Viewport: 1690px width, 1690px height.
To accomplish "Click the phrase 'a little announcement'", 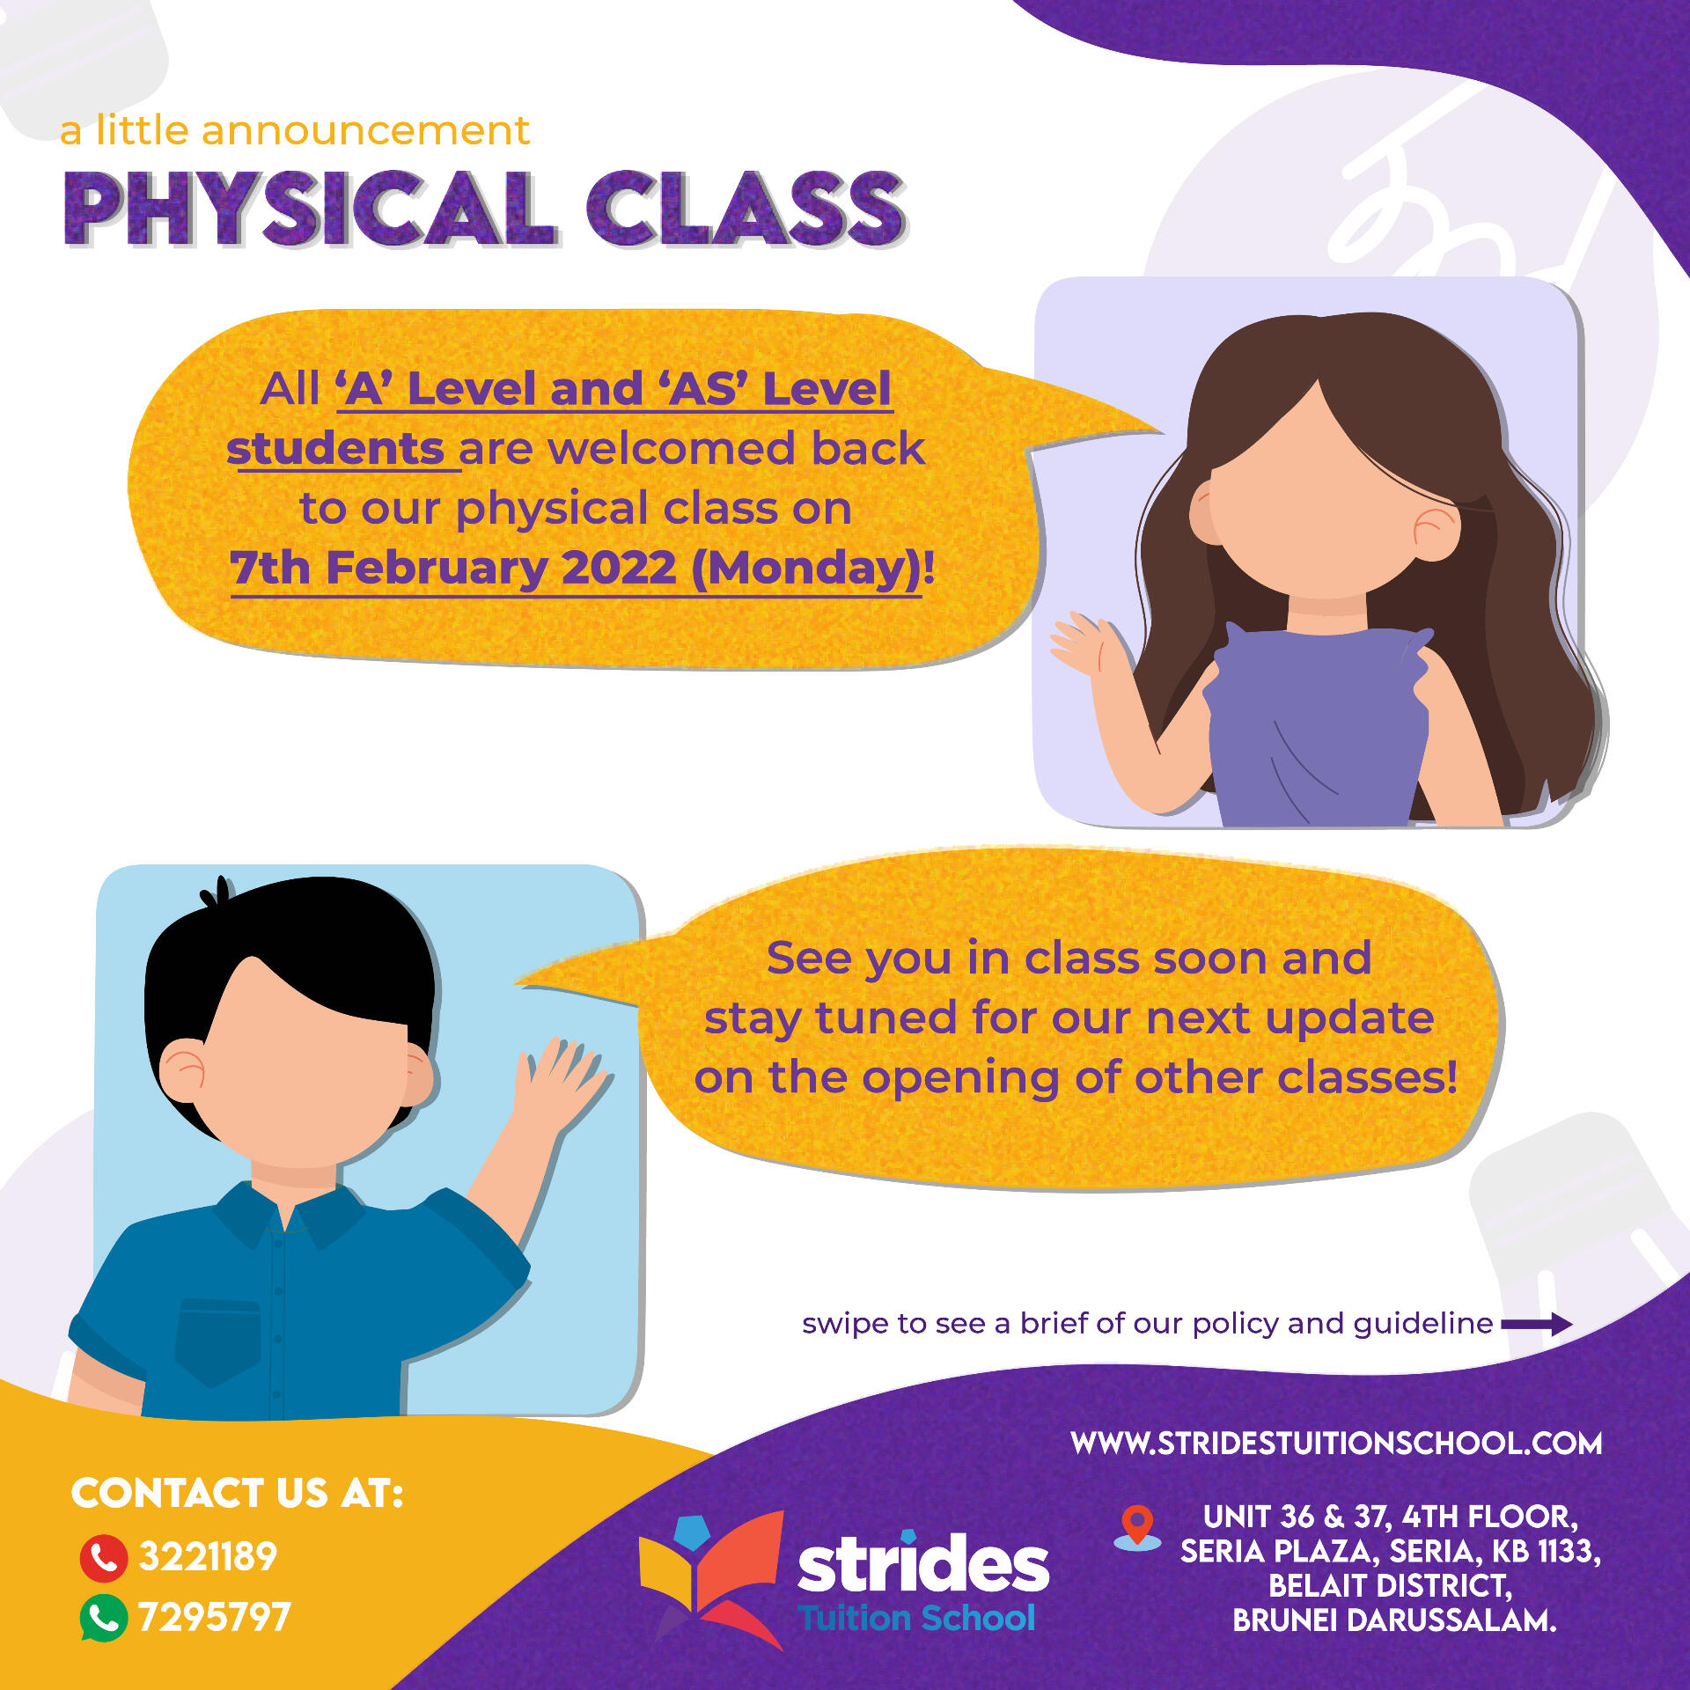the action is tap(295, 130).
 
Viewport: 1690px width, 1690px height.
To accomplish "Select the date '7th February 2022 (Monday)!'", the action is tap(582, 568).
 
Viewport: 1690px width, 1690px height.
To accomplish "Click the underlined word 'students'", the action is tap(335, 448).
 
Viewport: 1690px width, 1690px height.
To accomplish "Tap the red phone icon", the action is tap(104, 1558).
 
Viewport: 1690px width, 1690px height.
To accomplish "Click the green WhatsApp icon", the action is tap(104, 1618).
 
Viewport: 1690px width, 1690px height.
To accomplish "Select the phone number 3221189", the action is tap(208, 1557).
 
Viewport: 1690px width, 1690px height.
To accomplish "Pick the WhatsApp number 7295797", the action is tap(215, 1617).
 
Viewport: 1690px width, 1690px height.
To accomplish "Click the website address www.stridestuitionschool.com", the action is tap(1336, 1444).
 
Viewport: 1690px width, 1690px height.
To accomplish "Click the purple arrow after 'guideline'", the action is tap(1537, 1324).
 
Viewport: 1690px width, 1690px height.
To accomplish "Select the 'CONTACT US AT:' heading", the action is tap(238, 1493).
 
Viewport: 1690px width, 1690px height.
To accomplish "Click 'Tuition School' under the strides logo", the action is tap(916, 1619).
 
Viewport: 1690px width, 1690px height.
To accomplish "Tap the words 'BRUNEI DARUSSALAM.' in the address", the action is tap(1394, 1620).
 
